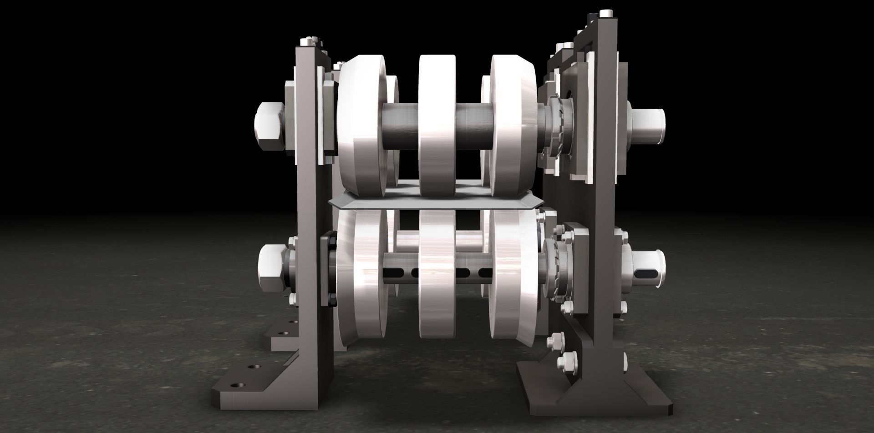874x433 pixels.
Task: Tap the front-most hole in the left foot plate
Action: click(235, 386)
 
